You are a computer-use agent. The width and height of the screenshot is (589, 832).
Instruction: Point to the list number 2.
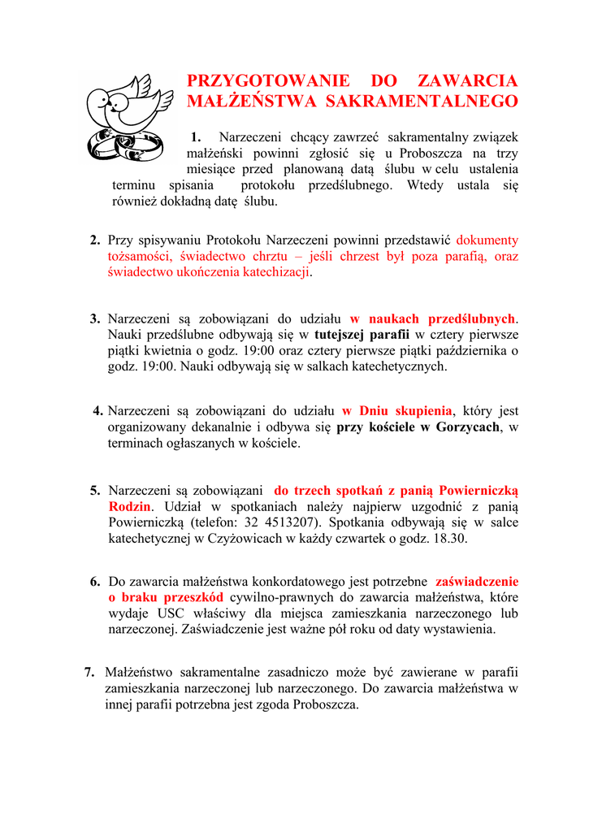[x=95, y=240]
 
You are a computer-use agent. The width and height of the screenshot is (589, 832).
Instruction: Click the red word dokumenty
[x=487, y=240]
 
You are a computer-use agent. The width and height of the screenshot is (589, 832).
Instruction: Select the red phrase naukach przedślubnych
[x=433, y=318]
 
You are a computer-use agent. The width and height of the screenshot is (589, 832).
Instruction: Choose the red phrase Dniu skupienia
[x=396, y=410]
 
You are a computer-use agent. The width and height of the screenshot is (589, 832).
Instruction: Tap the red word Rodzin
[x=129, y=506]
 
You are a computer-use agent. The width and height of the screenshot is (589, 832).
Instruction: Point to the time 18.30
[x=451, y=538]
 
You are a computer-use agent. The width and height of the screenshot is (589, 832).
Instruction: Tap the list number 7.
[x=89, y=672]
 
